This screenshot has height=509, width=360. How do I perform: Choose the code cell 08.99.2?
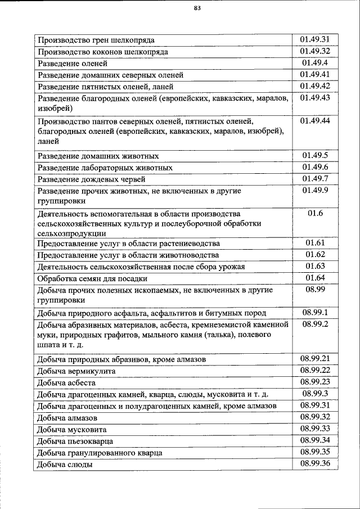(315, 325)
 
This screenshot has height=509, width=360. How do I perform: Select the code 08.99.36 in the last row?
(315, 463)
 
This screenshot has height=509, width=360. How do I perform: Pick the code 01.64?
(315, 277)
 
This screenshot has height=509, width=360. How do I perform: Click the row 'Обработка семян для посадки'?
(92, 278)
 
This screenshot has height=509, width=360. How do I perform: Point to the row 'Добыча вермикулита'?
(76, 372)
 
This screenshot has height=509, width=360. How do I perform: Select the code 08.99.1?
(315, 312)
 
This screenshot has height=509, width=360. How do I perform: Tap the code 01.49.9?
(315, 191)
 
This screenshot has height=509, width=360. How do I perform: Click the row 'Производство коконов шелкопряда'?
(102, 52)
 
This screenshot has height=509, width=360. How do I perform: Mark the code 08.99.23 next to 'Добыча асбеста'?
(315, 382)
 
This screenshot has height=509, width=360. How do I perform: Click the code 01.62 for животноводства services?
(315, 254)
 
